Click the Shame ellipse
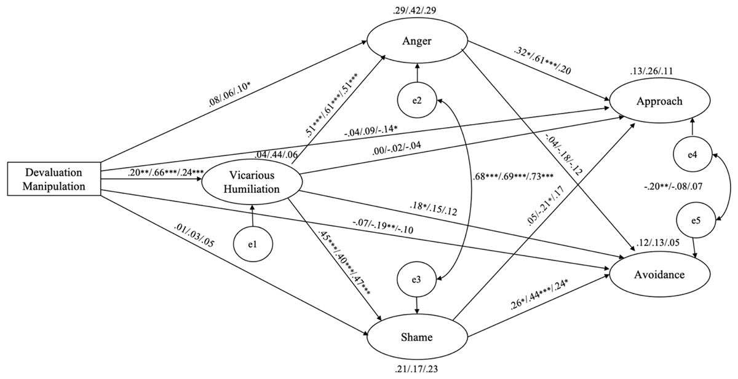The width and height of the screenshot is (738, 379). pyautogui.click(x=418, y=337)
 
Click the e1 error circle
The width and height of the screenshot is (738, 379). pyautogui.click(x=252, y=244)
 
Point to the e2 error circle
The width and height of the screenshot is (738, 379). pyautogui.click(x=418, y=101)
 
